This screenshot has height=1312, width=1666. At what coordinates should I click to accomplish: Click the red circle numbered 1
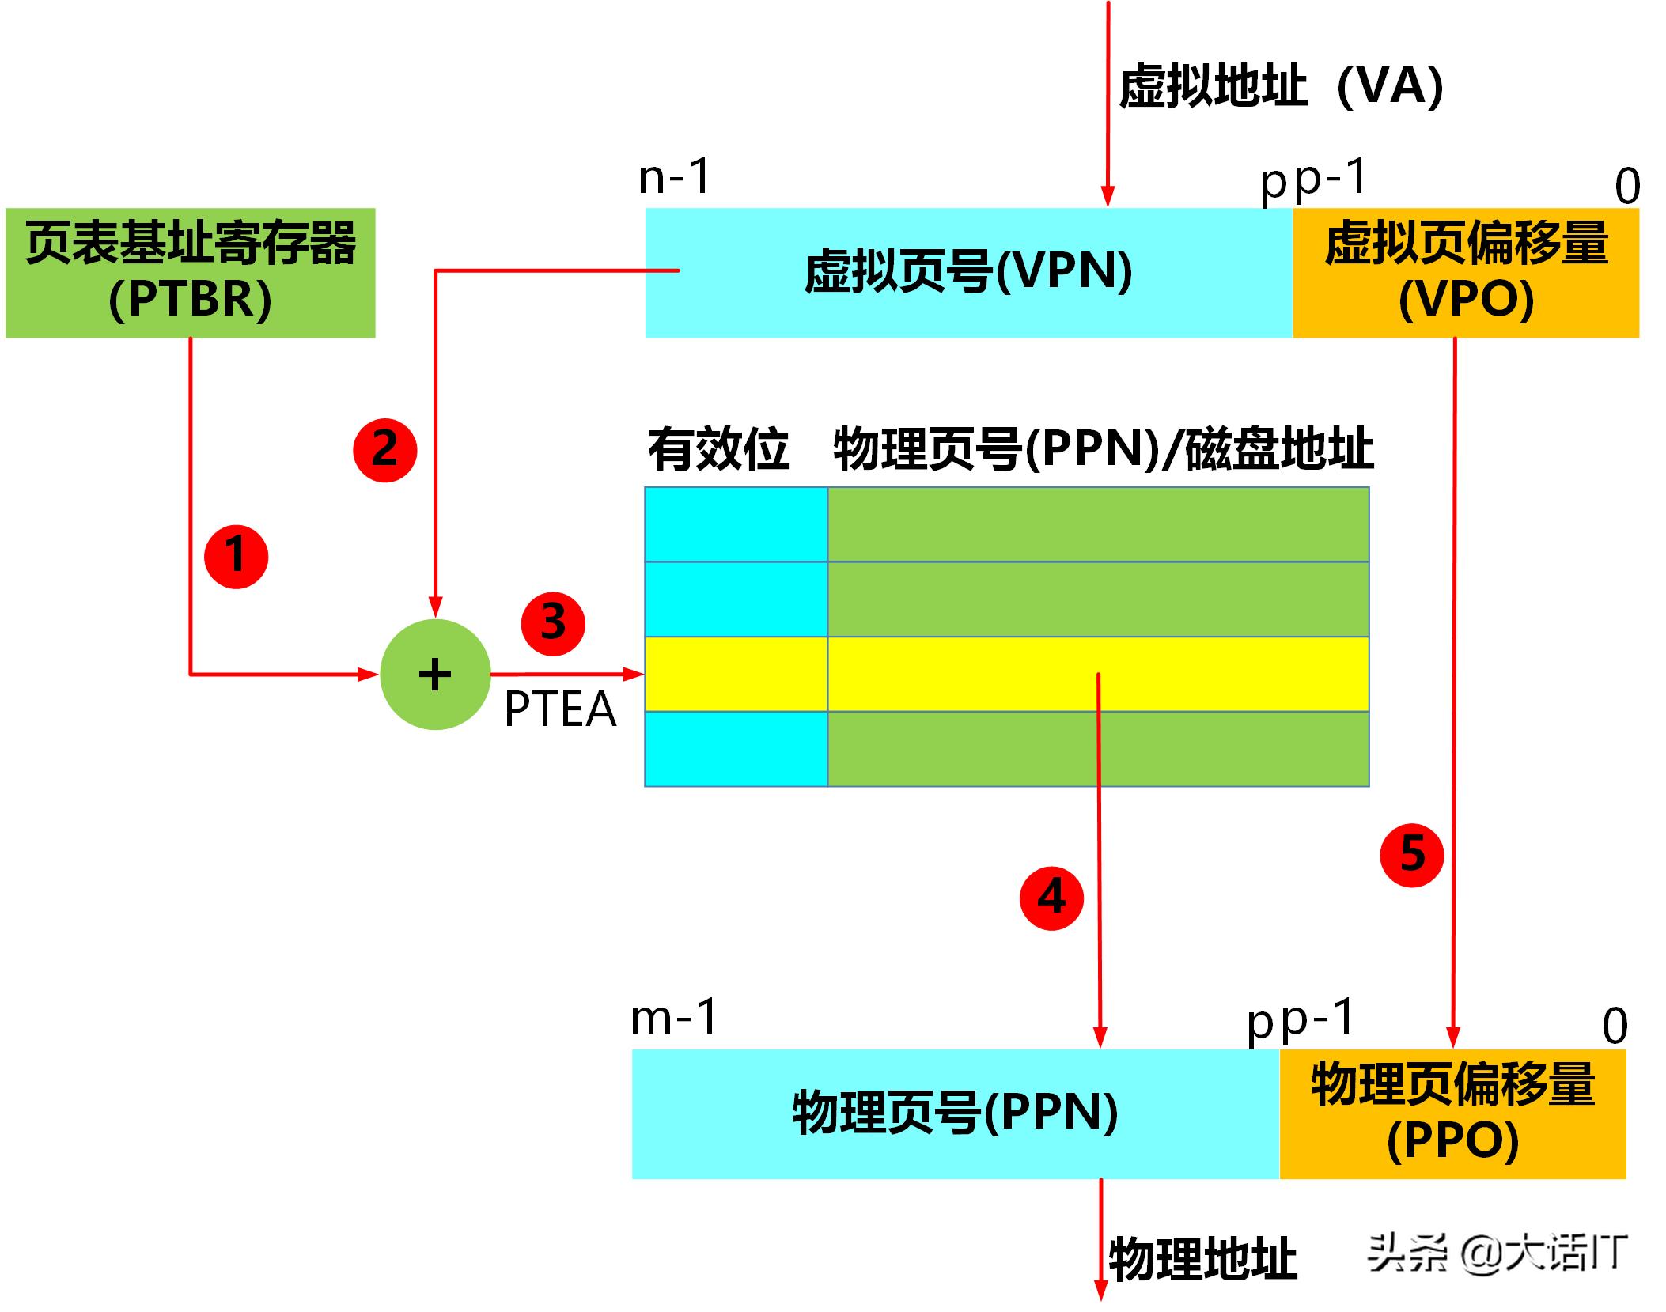coord(236,556)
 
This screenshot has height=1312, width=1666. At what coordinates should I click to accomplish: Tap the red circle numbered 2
coord(384,449)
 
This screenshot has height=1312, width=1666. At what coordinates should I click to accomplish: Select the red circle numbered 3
coord(553,622)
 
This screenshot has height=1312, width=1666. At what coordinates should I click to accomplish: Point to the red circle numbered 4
coord(1051,898)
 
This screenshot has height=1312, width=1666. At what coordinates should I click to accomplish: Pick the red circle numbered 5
coord(1412,854)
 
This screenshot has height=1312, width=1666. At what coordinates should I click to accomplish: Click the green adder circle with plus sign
coord(435,675)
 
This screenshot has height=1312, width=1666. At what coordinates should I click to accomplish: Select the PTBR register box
coord(191,273)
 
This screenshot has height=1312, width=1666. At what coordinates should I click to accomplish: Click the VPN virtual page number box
coord(968,273)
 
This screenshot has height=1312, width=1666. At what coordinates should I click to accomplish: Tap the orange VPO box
coord(1465,273)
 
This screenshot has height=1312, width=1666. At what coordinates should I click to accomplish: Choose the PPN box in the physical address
coord(955,1114)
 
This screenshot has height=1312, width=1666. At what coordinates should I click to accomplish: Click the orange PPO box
coord(1452,1114)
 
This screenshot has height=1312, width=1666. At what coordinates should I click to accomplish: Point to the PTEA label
coord(560,709)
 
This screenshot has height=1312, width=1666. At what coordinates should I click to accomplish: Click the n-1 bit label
coord(675,176)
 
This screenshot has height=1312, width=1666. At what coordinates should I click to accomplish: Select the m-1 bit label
coord(674,1018)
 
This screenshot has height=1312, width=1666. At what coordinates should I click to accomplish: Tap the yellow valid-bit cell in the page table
coord(736,674)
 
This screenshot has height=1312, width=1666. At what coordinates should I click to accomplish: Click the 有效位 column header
coord(718,450)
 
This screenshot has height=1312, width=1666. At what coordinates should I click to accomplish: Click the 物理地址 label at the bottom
coord(1202,1259)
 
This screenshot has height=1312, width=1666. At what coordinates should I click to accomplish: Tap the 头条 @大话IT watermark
coord(1497,1253)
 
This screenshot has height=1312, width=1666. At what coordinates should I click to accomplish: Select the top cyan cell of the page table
coord(736,524)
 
